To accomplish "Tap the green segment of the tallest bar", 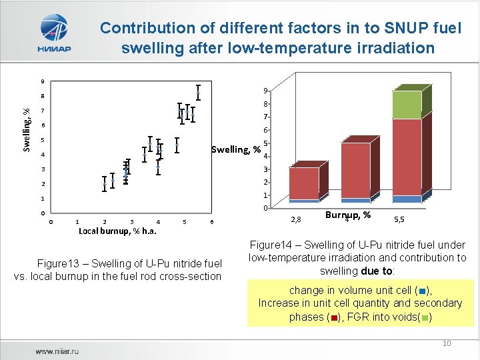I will click(x=407, y=105).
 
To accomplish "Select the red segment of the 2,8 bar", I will click(x=304, y=183).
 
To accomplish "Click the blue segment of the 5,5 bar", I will click(x=407, y=199).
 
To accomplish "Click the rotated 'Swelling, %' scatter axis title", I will click(x=26, y=129).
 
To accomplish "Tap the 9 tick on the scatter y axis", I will click(x=42, y=81).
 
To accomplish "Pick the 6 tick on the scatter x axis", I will click(x=211, y=222).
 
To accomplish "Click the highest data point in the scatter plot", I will click(x=198, y=93).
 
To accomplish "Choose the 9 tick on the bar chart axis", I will click(x=265, y=91).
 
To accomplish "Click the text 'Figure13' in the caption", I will click(x=59, y=263).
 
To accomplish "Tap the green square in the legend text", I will click(x=425, y=317).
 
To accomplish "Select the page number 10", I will click(x=447, y=343).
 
